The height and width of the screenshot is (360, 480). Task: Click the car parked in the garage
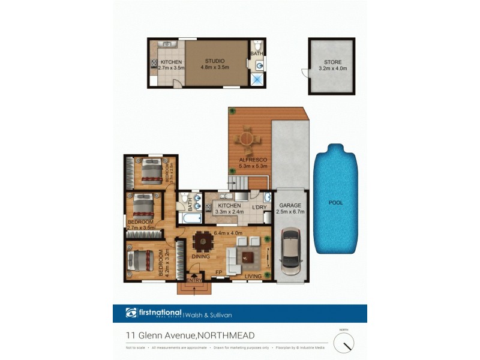(x=290, y=253)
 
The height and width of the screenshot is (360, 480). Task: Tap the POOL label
(x=335, y=203)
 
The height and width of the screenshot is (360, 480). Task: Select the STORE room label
(x=332, y=62)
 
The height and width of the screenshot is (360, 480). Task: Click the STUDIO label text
(x=214, y=61)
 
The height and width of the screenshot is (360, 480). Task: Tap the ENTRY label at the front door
(x=194, y=280)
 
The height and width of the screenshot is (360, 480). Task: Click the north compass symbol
(x=344, y=343)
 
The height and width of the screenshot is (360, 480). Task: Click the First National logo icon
(x=131, y=313)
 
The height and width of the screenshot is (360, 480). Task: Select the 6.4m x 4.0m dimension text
(x=228, y=233)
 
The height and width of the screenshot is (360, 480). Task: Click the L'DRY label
(x=259, y=207)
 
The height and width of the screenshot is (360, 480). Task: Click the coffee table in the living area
(x=248, y=257)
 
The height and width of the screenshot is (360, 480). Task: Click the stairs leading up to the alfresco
(x=239, y=182)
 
